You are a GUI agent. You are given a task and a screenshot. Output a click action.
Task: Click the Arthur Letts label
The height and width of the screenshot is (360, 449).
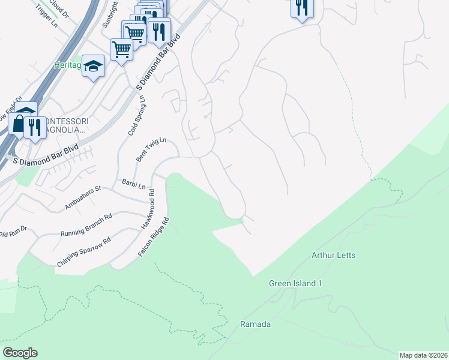333,256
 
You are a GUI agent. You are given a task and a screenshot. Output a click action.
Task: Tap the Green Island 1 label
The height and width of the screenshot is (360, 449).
295,283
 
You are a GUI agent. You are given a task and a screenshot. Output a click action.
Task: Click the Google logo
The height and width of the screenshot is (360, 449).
20,353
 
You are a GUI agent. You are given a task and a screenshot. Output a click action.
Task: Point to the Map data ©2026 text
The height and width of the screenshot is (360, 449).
423,355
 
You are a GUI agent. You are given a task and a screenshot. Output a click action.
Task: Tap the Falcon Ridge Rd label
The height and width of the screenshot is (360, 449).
154,238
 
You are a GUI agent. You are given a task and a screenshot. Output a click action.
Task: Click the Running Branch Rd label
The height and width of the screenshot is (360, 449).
86,225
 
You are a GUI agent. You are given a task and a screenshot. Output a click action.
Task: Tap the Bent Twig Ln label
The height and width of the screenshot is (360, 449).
150,150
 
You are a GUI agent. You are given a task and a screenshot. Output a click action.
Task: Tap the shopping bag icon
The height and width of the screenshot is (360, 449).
18,124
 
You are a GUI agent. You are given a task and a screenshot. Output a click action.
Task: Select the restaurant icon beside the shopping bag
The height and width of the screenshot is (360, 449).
34,127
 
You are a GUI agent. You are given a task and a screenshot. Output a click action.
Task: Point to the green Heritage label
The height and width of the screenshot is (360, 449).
67,65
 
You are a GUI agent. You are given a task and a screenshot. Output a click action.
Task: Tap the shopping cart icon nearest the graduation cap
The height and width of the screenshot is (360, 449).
121,49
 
